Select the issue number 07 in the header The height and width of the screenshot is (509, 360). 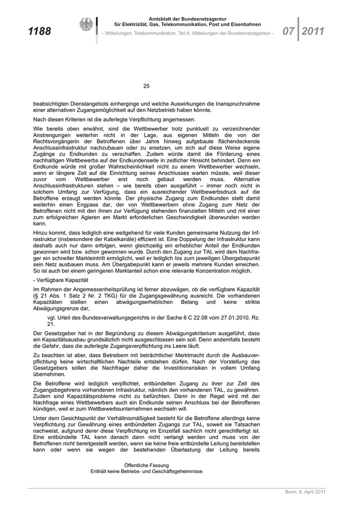click(287, 31)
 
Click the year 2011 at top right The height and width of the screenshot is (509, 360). click(313, 31)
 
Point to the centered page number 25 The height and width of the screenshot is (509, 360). click(146, 86)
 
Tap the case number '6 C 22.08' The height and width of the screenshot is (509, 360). click(177, 318)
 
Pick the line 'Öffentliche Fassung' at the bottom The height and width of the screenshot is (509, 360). click(147, 465)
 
